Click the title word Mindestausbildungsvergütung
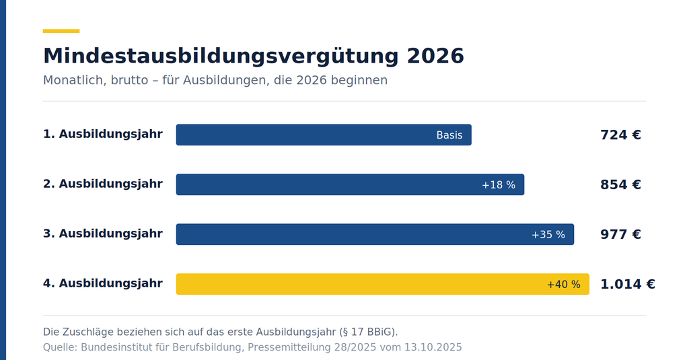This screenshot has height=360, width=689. (221, 57)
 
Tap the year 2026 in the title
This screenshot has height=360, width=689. (435, 56)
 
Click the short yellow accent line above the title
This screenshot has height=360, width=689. (61, 31)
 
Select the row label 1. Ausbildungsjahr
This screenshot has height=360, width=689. (103, 134)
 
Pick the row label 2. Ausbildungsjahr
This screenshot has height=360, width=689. (103, 184)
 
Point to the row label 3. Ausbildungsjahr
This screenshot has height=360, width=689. (103, 233)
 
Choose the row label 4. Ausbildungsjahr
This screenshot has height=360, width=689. (103, 283)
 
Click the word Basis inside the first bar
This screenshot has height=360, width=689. (449, 135)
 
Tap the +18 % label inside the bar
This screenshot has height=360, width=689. (499, 185)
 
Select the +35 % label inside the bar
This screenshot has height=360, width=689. (548, 235)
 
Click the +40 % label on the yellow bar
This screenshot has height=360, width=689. (563, 285)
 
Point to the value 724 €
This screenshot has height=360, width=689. (620, 135)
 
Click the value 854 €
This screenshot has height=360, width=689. (620, 184)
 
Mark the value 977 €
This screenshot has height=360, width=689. (620, 234)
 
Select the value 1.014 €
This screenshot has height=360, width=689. (628, 284)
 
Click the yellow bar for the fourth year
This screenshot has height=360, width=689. (383, 284)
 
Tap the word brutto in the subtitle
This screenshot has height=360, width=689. (129, 81)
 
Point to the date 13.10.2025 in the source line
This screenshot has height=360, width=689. (433, 347)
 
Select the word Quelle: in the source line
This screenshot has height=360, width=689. (60, 347)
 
